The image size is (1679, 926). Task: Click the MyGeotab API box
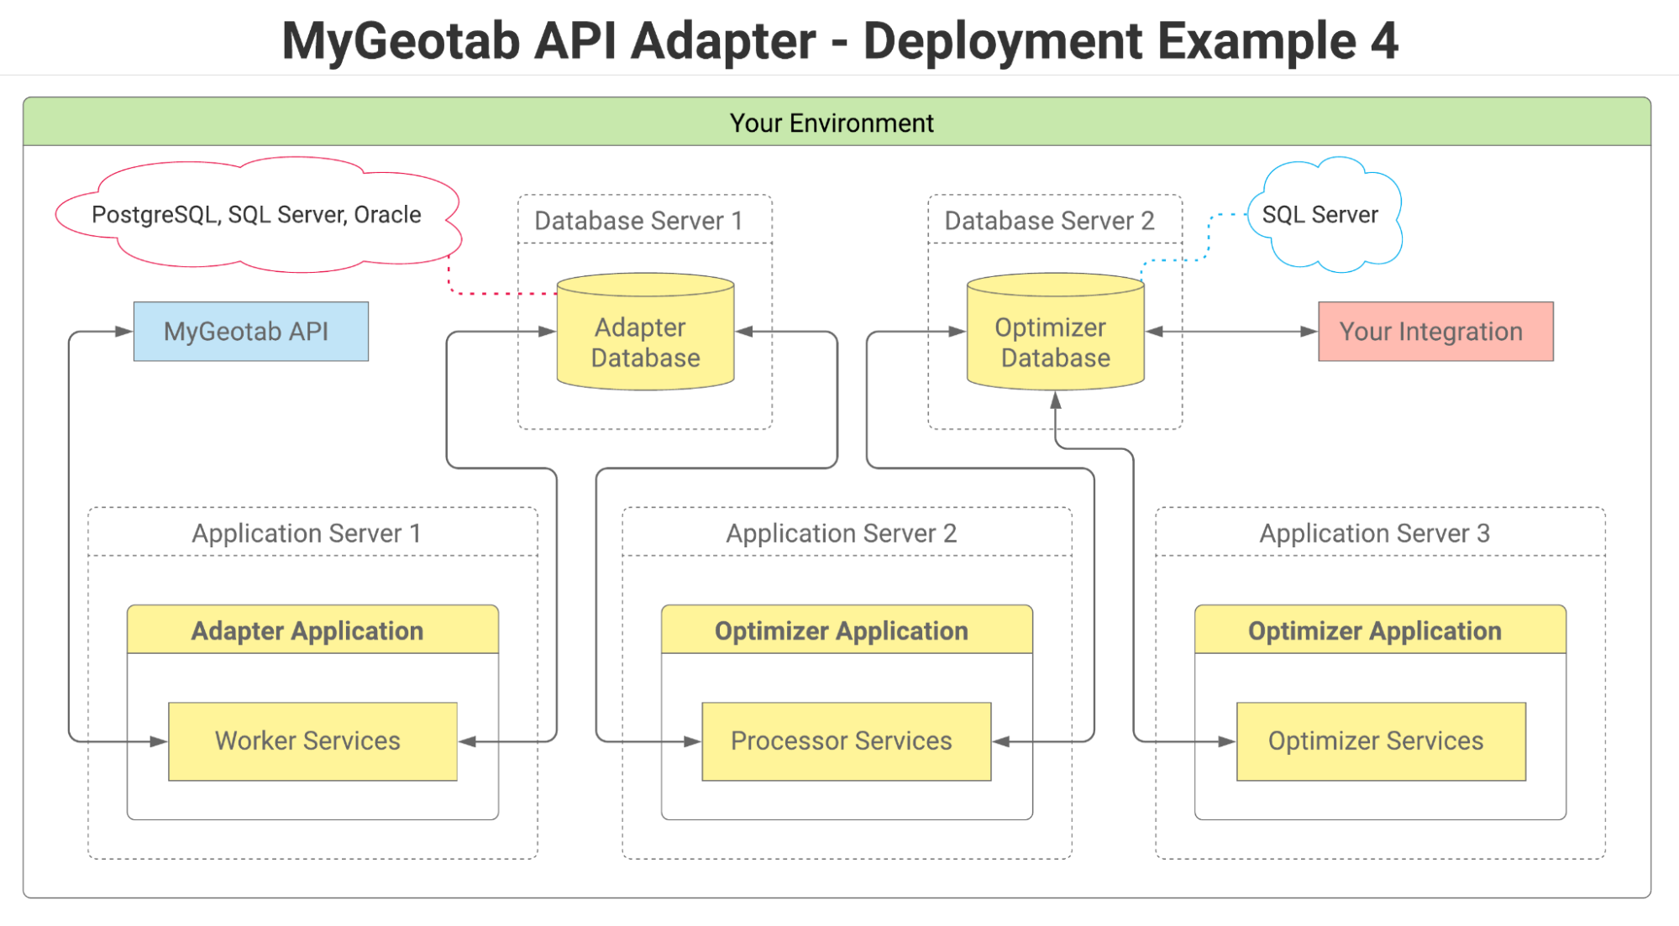(250, 332)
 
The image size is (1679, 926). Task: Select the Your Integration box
(1435, 332)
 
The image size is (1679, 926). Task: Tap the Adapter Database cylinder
(645, 340)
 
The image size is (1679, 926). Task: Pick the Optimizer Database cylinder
(1055, 340)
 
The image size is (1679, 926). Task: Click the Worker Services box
(312, 741)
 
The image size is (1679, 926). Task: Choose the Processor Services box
(846, 741)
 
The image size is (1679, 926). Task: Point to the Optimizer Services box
(1380, 741)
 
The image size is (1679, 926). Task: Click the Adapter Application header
(312, 630)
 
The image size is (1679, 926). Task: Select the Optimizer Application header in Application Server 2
(846, 630)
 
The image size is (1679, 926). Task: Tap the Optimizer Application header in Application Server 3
(1379, 630)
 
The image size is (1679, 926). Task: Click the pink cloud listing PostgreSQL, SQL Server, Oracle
(256, 215)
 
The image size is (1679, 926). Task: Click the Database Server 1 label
(638, 221)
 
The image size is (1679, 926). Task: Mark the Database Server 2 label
(1049, 221)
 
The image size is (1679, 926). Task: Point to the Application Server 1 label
(307, 533)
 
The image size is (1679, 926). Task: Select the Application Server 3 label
(1374, 533)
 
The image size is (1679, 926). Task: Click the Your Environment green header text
(832, 123)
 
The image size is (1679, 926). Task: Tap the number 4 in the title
(1383, 41)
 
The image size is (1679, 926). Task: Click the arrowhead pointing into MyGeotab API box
(124, 332)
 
